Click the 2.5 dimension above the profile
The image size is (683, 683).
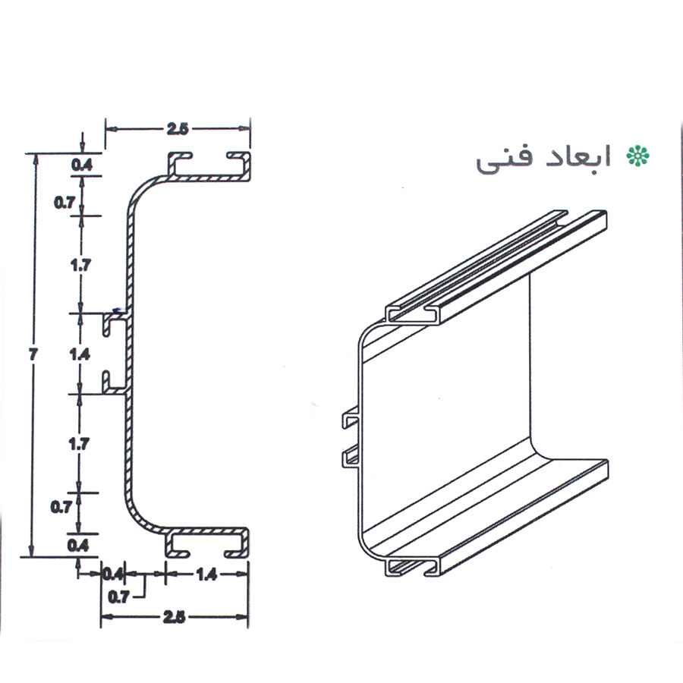[x=177, y=129]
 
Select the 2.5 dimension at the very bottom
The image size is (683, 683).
[x=174, y=617]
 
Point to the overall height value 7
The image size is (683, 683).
[x=33, y=354]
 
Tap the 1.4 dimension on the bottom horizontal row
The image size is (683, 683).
[x=206, y=574]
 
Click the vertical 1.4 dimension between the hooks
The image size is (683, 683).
[x=80, y=354]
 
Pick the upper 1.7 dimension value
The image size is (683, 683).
[x=81, y=264]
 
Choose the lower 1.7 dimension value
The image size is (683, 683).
[x=79, y=444]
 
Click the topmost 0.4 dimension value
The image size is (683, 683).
[x=82, y=165]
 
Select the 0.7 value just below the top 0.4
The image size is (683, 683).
[x=65, y=202]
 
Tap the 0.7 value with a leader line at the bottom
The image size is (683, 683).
[x=118, y=596]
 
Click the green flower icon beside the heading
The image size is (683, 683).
[x=637, y=156]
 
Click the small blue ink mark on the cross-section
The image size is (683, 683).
[x=116, y=310]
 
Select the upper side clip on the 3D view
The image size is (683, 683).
[x=350, y=419]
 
